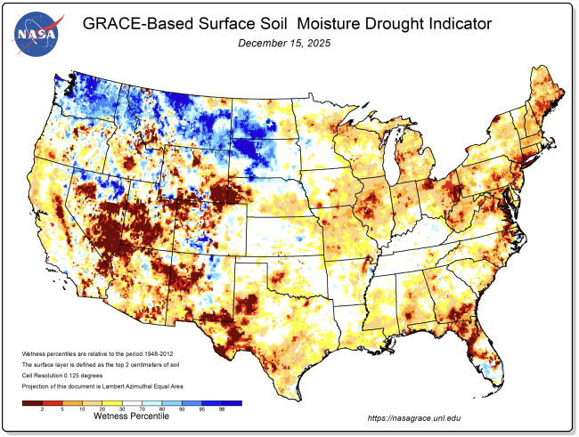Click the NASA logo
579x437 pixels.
tap(36, 34)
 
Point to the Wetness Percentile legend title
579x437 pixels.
tap(130, 416)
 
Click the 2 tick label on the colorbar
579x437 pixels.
tap(43, 409)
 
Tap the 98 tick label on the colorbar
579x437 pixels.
tap(221, 409)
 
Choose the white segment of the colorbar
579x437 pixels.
tap(132, 401)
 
